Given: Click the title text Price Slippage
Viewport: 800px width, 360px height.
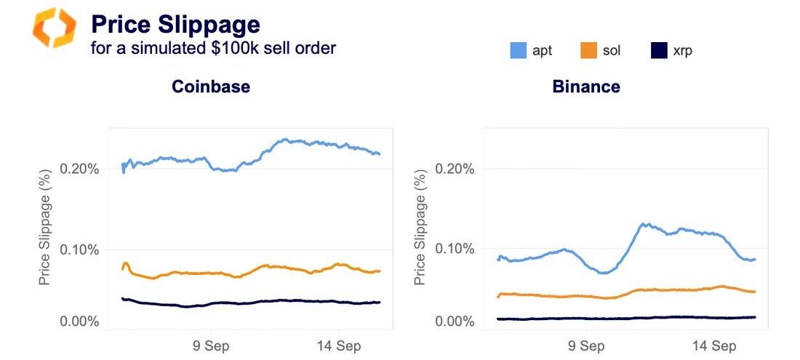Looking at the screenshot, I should pyautogui.click(x=175, y=25).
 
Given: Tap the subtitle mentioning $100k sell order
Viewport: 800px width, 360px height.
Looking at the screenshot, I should pyautogui.click(x=213, y=49).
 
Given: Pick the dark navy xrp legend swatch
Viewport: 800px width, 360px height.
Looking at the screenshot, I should pyautogui.click(x=658, y=51).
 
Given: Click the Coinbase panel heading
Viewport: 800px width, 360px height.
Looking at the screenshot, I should pyautogui.click(x=211, y=87).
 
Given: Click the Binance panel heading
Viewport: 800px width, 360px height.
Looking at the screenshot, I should pyautogui.click(x=586, y=87).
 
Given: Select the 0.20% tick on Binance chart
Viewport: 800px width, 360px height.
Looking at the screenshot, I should pyautogui.click(x=455, y=169).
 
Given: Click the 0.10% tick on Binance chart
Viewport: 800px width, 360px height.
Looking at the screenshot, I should pyautogui.click(x=455, y=249).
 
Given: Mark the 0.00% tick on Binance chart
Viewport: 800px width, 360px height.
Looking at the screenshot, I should pyautogui.click(x=455, y=321).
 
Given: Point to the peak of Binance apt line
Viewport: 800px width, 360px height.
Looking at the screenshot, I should pyautogui.click(x=644, y=224).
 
